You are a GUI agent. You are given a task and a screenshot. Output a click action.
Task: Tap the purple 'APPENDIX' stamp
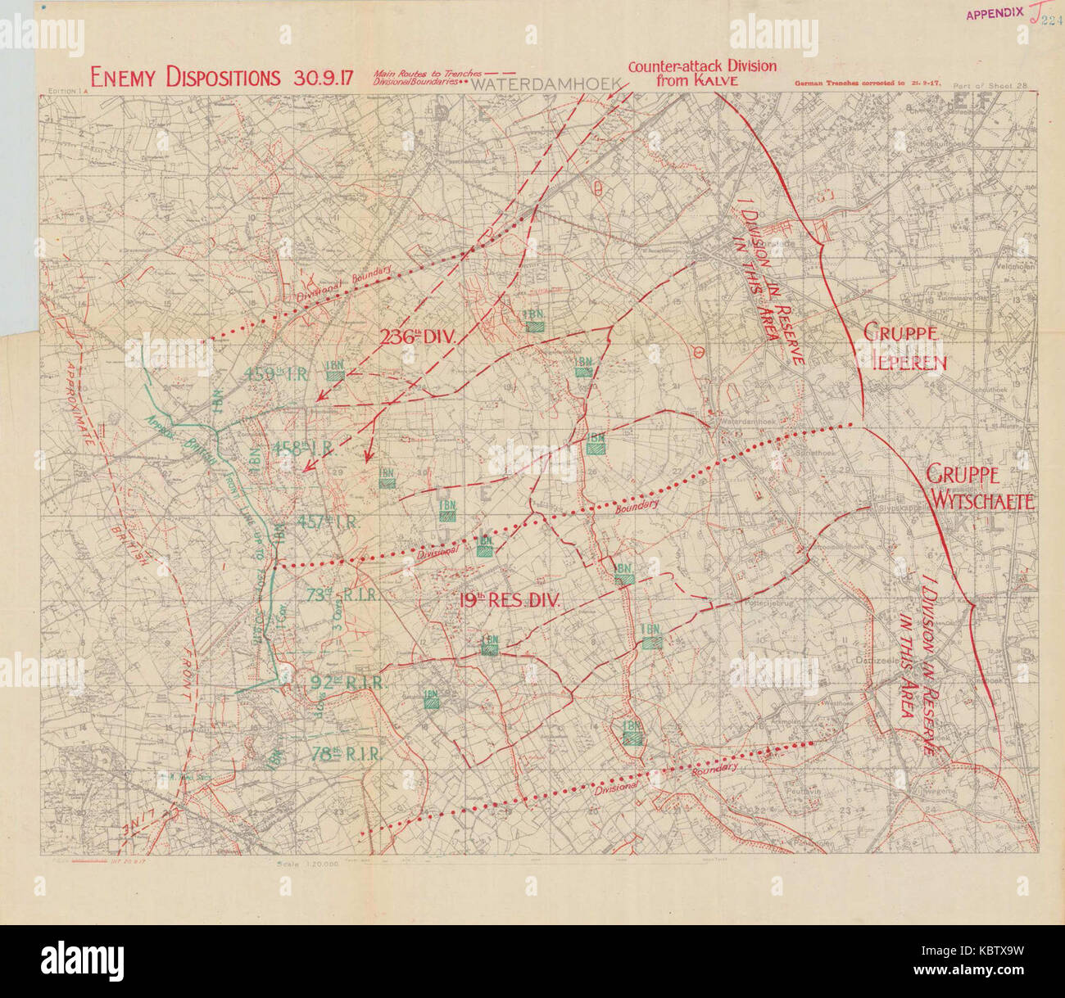pyautogui.click(x=995, y=14)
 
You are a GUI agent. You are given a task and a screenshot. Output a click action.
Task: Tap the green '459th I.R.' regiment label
pyautogui.click(x=275, y=375)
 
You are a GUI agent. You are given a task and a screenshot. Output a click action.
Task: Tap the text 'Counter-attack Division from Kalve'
pyautogui.click(x=701, y=74)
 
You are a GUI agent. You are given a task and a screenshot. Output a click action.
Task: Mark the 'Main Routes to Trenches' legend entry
pyautogui.click(x=426, y=73)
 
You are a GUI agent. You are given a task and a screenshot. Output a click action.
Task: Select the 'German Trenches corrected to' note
pyautogui.click(x=852, y=84)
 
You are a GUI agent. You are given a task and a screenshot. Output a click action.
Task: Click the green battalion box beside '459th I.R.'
pyautogui.click(x=334, y=374)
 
